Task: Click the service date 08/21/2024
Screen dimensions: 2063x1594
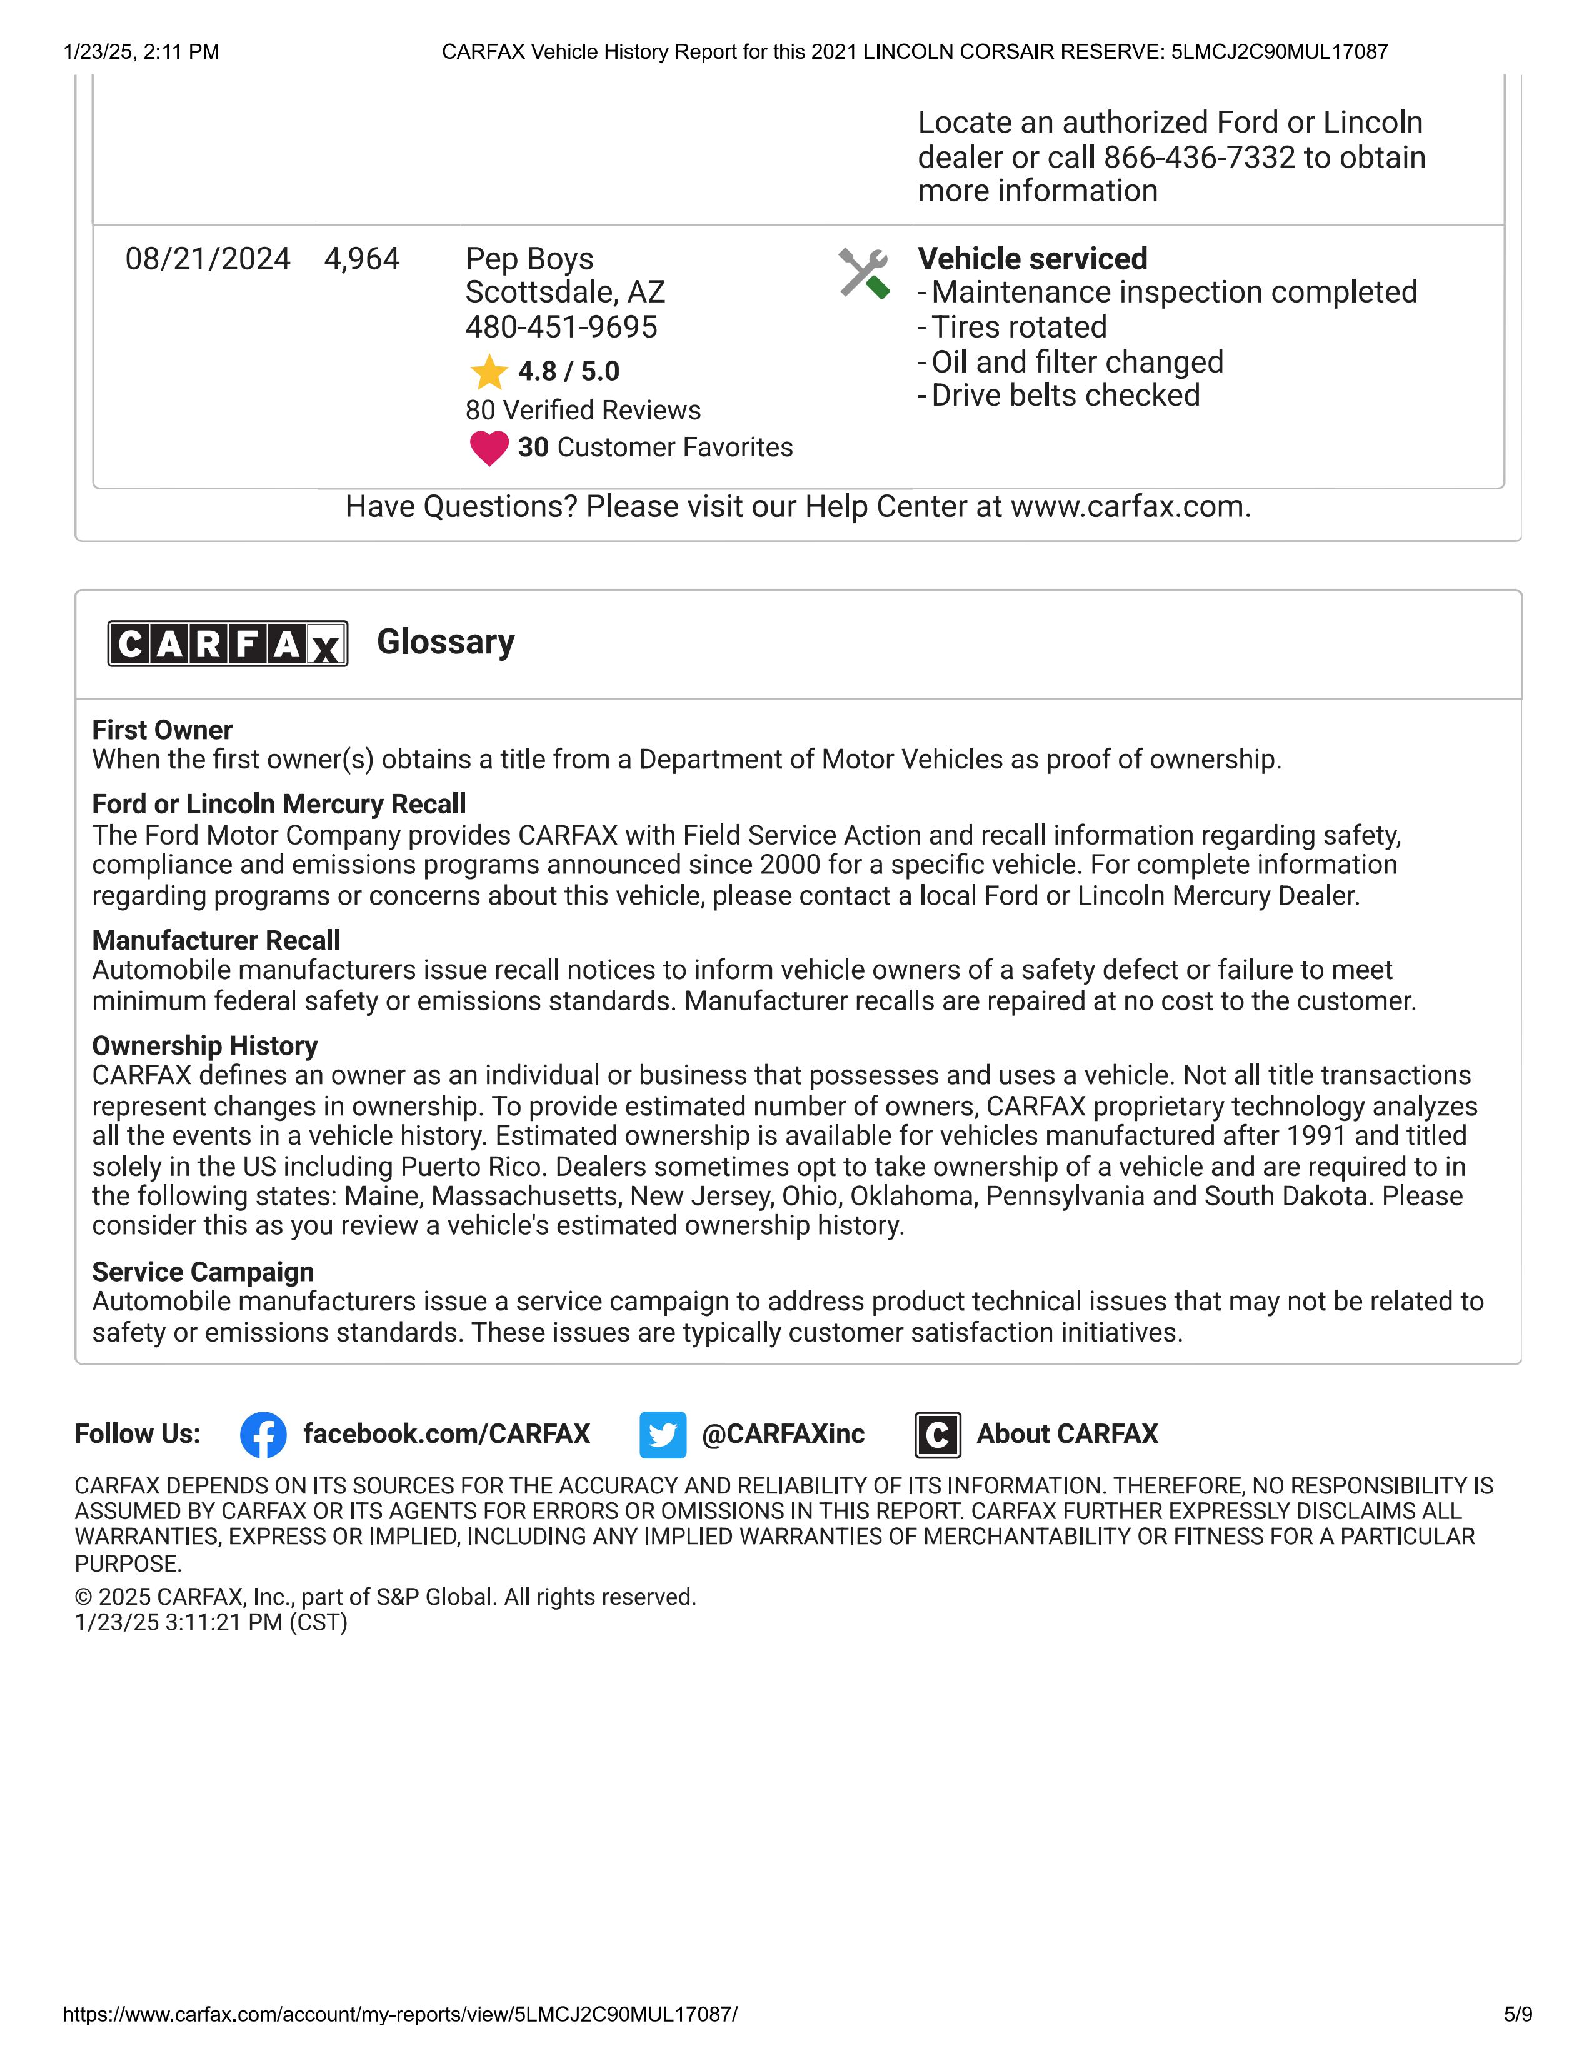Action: pyautogui.click(x=208, y=259)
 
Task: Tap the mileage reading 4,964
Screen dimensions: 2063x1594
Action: pyautogui.click(x=362, y=259)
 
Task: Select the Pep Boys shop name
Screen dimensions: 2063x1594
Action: pyautogui.click(x=529, y=259)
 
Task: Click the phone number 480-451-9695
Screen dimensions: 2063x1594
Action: pyautogui.click(x=561, y=327)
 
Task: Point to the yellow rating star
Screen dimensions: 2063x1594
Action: pyautogui.click(x=489, y=372)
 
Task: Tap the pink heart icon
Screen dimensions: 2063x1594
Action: pyautogui.click(x=489, y=448)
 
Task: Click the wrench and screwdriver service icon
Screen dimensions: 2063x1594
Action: pyautogui.click(x=863, y=274)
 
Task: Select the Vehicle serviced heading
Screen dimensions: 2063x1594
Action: pyautogui.click(x=1032, y=259)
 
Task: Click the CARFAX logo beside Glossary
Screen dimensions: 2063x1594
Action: pyautogui.click(x=228, y=644)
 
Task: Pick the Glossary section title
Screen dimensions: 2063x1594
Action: pyautogui.click(x=446, y=642)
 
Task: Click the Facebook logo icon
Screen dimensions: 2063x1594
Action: pyautogui.click(x=263, y=1435)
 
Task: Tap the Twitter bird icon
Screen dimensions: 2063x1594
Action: pyautogui.click(x=662, y=1435)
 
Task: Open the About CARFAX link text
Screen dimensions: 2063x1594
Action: pyautogui.click(x=1066, y=1434)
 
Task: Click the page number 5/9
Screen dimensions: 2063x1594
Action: pyautogui.click(x=1518, y=2015)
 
